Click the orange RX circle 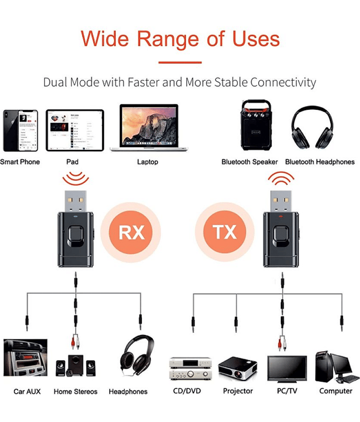tap(131, 232)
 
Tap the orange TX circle tap(225, 232)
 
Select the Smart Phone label tap(20, 162)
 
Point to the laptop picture tap(149, 128)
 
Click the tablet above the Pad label tap(75, 130)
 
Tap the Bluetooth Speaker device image tap(256, 125)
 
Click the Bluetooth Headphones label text tap(320, 162)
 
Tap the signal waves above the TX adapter tap(281, 178)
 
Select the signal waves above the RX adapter tap(76, 179)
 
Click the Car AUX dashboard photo tap(25, 358)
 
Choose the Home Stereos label tap(75, 391)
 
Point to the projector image tap(238, 368)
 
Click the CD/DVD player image tap(191, 368)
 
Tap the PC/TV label tap(287, 391)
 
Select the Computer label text tap(336, 391)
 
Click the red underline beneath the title tap(180, 62)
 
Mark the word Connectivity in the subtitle tap(283, 82)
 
